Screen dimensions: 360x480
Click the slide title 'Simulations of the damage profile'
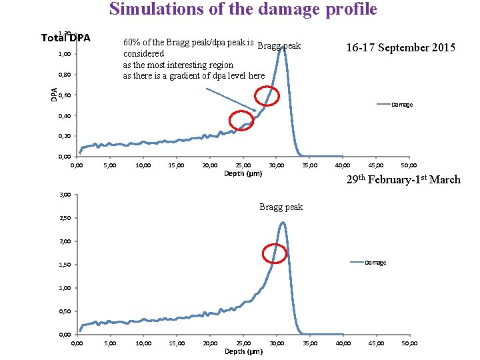click(x=243, y=9)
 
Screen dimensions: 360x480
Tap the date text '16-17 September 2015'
click(x=400, y=47)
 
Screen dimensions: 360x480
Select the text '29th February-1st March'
click(x=403, y=179)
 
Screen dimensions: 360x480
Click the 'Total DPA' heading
click(x=65, y=37)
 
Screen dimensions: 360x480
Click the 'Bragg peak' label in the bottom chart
click(x=281, y=207)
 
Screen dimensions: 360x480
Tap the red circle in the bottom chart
click(x=275, y=253)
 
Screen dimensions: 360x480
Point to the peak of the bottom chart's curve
click(x=283, y=223)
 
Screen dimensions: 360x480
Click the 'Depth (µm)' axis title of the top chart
click(x=243, y=173)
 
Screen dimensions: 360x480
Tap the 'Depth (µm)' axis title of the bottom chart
click(x=243, y=351)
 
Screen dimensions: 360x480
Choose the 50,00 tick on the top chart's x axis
click(x=409, y=165)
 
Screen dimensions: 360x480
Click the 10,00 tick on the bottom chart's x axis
click(x=143, y=343)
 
